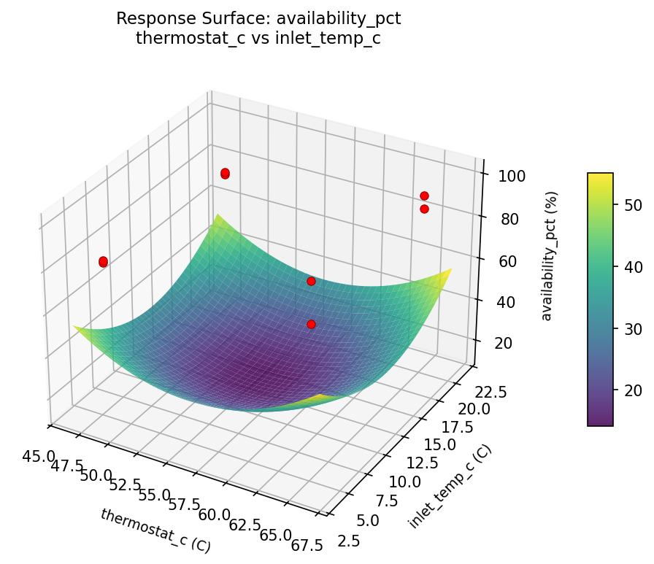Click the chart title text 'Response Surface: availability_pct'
pyautogui.click(x=258, y=19)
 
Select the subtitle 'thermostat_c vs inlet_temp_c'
pyautogui.click(x=258, y=37)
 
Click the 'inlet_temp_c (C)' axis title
pyautogui.click(x=450, y=486)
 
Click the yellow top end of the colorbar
pyautogui.click(x=600, y=177)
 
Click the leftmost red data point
pyautogui.click(x=103, y=262)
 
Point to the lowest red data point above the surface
pyautogui.click(x=311, y=324)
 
